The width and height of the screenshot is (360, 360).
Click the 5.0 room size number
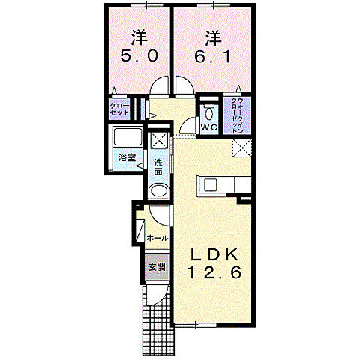138,56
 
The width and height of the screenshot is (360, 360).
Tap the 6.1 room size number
211,56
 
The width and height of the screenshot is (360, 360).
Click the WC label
208,127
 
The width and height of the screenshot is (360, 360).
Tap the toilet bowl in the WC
208,113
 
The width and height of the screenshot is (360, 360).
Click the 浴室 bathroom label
127,157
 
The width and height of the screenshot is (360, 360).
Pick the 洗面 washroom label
158,167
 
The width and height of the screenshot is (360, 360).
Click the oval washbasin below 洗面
158,191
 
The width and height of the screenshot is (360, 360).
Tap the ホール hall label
157,237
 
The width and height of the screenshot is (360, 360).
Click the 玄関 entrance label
155,268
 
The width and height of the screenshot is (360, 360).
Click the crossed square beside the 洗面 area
158,140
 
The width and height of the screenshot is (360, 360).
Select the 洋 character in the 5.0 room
138,35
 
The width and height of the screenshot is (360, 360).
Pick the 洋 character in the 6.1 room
211,35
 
